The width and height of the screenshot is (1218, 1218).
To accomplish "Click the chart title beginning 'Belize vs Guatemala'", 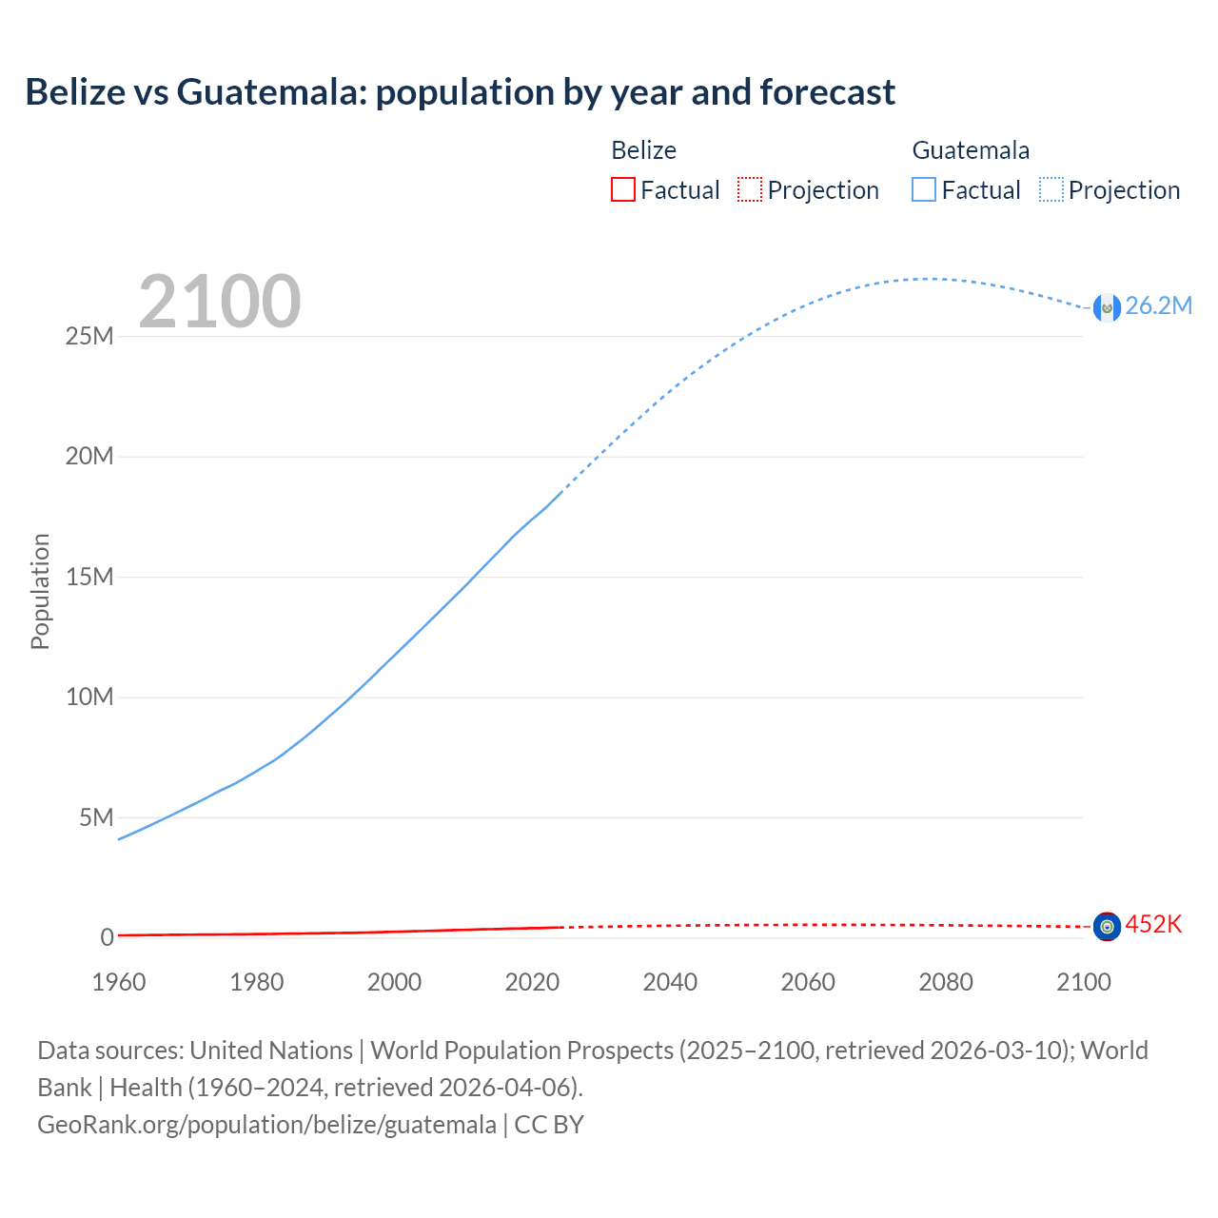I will pyautogui.click(x=460, y=92).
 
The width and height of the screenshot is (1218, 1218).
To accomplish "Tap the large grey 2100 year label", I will pyautogui.click(x=220, y=302).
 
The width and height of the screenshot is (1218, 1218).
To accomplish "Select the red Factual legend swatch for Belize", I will pyautogui.click(x=622, y=189).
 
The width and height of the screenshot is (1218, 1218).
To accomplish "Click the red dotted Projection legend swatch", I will pyautogui.click(x=750, y=189).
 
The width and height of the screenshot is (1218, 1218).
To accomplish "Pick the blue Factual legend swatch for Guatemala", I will pyautogui.click(x=924, y=189).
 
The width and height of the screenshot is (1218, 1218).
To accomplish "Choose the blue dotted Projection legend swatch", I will pyautogui.click(x=1051, y=189).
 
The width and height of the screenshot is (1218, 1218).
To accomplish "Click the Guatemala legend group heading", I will pyautogui.click(x=971, y=150).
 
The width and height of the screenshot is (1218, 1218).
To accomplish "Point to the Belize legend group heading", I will pyautogui.click(x=643, y=150).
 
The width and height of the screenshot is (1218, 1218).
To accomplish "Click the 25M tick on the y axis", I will pyautogui.click(x=89, y=336).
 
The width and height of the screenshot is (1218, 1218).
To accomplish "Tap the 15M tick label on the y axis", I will pyautogui.click(x=89, y=577).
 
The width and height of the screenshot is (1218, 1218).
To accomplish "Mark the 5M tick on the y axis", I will pyautogui.click(x=96, y=817).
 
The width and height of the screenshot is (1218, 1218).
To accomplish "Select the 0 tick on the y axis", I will pyautogui.click(x=107, y=937).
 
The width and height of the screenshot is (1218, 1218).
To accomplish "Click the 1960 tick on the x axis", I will pyautogui.click(x=119, y=982).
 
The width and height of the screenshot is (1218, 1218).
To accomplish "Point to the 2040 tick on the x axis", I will pyautogui.click(x=670, y=982).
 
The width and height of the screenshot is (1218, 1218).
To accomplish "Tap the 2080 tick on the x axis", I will pyautogui.click(x=946, y=982).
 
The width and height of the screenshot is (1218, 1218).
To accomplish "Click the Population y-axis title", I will pyautogui.click(x=40, y=591).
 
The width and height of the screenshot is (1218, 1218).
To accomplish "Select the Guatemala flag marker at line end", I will pyautogui.click(x=1107, y=307).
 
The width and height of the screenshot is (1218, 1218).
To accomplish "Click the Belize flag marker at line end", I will pyautogui.click(x=1107, y=926).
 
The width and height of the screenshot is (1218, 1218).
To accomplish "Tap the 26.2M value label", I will pyautogui.click(x=1158, y=305).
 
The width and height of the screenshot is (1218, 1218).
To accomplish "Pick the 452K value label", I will pyautogui.click(x=1153, y=924).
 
